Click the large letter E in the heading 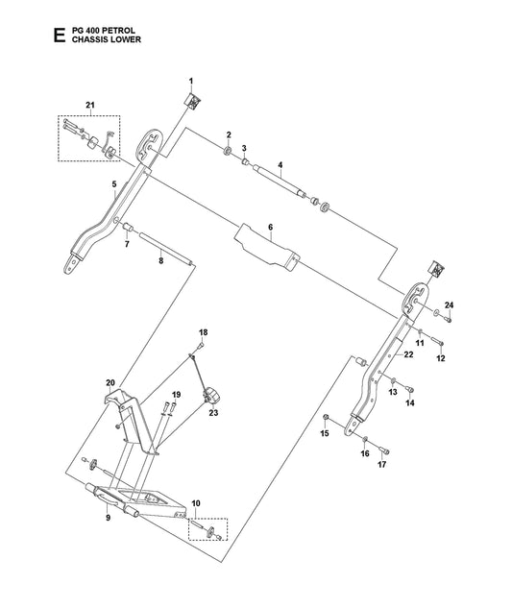pos(60,36)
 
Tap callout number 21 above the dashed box pos(90,105)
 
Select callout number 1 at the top pos(191,81)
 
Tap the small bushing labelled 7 pos(128,227)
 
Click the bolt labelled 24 pos(449,320)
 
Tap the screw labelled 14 pos(409,389)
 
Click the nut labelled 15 pos(327,417)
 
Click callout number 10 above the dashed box pos(196,503)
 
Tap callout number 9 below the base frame pos(109,518)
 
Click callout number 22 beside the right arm pos(408,354)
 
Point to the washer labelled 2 pos(228,150)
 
